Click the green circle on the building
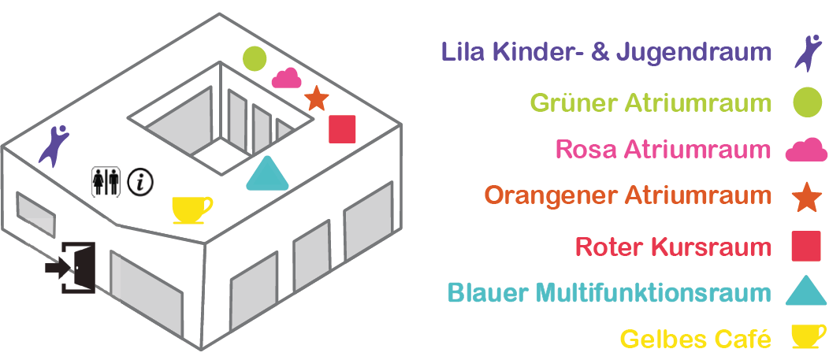254,58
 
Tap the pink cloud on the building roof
288,78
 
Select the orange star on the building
316,98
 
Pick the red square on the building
342,128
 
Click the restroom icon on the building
106,181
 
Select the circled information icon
140,182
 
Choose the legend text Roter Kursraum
674,247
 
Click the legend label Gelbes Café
695,339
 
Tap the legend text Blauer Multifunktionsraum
609,293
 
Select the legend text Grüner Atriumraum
650,102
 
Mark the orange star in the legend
806,197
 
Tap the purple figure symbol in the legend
808,54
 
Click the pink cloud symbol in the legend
806,150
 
